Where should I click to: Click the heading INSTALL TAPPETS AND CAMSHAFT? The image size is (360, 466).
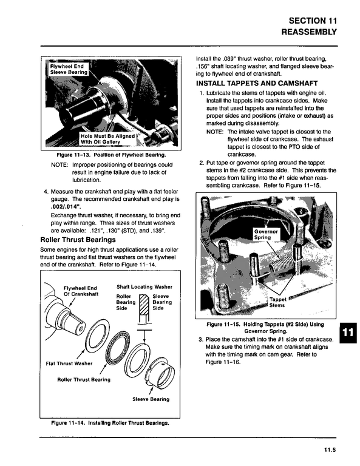(257, 83)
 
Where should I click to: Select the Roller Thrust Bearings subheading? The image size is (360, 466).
(78, 240)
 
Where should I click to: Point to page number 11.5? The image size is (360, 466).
(330, 450)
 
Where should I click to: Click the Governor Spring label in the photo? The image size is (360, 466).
(266, 234)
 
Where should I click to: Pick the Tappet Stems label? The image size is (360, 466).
(277, 302)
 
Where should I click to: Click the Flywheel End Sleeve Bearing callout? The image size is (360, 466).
(69, 69)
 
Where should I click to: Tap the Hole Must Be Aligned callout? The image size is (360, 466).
(107, 139)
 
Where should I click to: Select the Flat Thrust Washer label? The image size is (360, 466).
(69, 363)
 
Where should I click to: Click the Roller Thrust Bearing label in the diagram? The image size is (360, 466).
(84, 379)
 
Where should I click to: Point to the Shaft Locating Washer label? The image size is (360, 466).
(144, 287)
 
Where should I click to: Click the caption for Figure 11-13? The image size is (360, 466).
(111, 155)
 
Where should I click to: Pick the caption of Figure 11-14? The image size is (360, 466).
(110, 422)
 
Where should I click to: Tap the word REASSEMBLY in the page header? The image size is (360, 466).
(309, 32)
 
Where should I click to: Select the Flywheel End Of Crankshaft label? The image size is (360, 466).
(81, 291)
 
